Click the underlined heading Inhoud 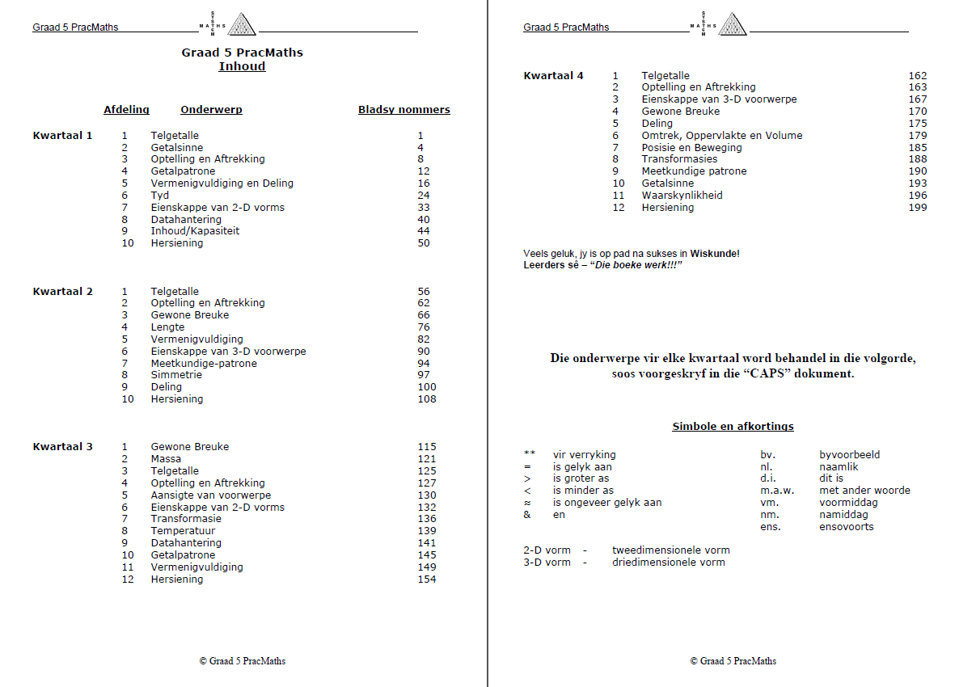click(x=242, y=66)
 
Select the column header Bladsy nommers click(x=403, y=110)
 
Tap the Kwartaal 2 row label click(x=62, y=291)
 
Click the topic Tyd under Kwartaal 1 click(x=159, y=196)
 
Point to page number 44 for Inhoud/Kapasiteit click(x=424, y=231)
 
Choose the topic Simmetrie click(x=176, y=375)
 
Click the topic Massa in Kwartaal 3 click(x=166, y=459)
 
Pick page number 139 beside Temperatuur click(x=426, y=531)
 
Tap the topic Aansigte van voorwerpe click(x=210, y=495)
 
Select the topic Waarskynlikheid click(x=682, y=196)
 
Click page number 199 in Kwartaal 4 click(x=917, y=208)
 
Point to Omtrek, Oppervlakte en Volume click(x=721, y=136)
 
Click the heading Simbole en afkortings click(x=733, y=427)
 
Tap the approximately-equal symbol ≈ click(x=528, y=503)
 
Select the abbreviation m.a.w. click(x=776, y=491)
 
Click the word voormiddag click(x=848, y=503)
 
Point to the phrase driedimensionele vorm click(x=668, y=563)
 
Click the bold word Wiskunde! click(x=714, y=254)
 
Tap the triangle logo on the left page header click(x=241, y=24)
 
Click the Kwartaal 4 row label click(x=553, y=76)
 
